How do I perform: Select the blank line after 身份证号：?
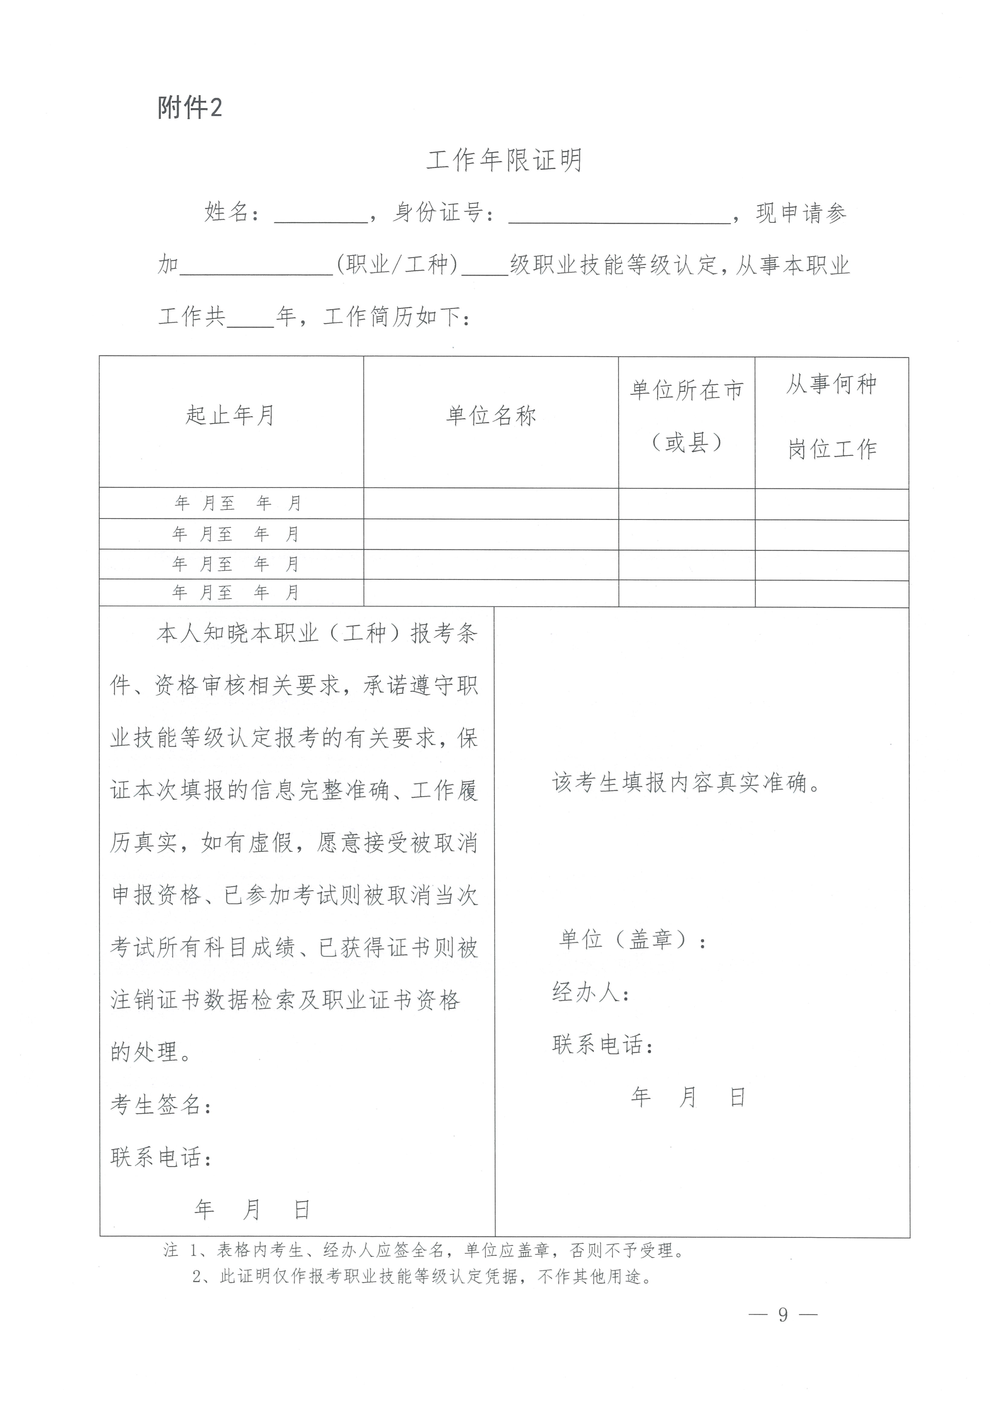(619, 216)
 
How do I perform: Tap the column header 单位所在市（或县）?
(687, 416)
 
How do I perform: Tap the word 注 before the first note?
(171, 1250)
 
